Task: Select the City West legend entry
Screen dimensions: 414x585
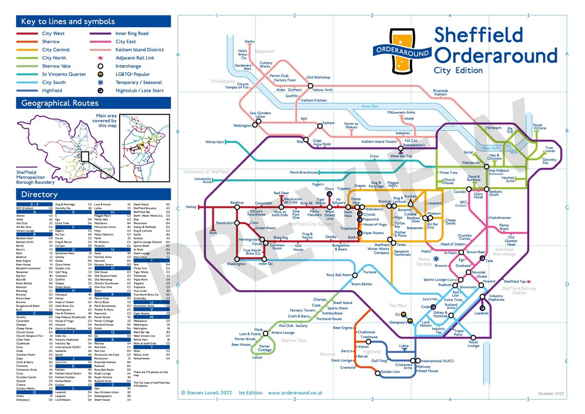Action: pyautogui.click(x=53, y=33)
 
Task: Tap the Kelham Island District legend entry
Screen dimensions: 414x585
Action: pyautogui.click(x=139, y=50)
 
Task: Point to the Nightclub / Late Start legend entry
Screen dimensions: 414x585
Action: pyautogui.click(x=140, y=90)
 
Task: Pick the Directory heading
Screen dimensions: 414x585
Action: pyautogui.click(x=39, y=194)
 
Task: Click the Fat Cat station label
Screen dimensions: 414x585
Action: pyautogui.click(x=411, y=141)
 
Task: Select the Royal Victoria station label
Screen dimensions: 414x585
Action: pyautogui.click(x=539, y=126)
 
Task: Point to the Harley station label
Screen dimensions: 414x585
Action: pyautogui.click(x=191, y=207)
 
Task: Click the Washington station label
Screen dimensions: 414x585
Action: pyautogui.click(x=236, y=264)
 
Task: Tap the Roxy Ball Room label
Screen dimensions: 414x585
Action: pyautogui.click(x=339, y=275)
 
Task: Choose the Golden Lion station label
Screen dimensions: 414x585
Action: pyautogui.click(x=390, y=372)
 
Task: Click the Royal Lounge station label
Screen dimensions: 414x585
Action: pyautogui.click(x=473, y=344)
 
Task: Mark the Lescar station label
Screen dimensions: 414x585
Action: pyautogui.click(x=257, y=357)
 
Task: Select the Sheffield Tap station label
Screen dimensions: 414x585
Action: pyautogui.click(x=514, y=281)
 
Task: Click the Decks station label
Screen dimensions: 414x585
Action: pyautogui.click(x=249, y=42)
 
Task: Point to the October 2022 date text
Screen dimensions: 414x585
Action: pyautogui.click(x=551, y=393)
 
